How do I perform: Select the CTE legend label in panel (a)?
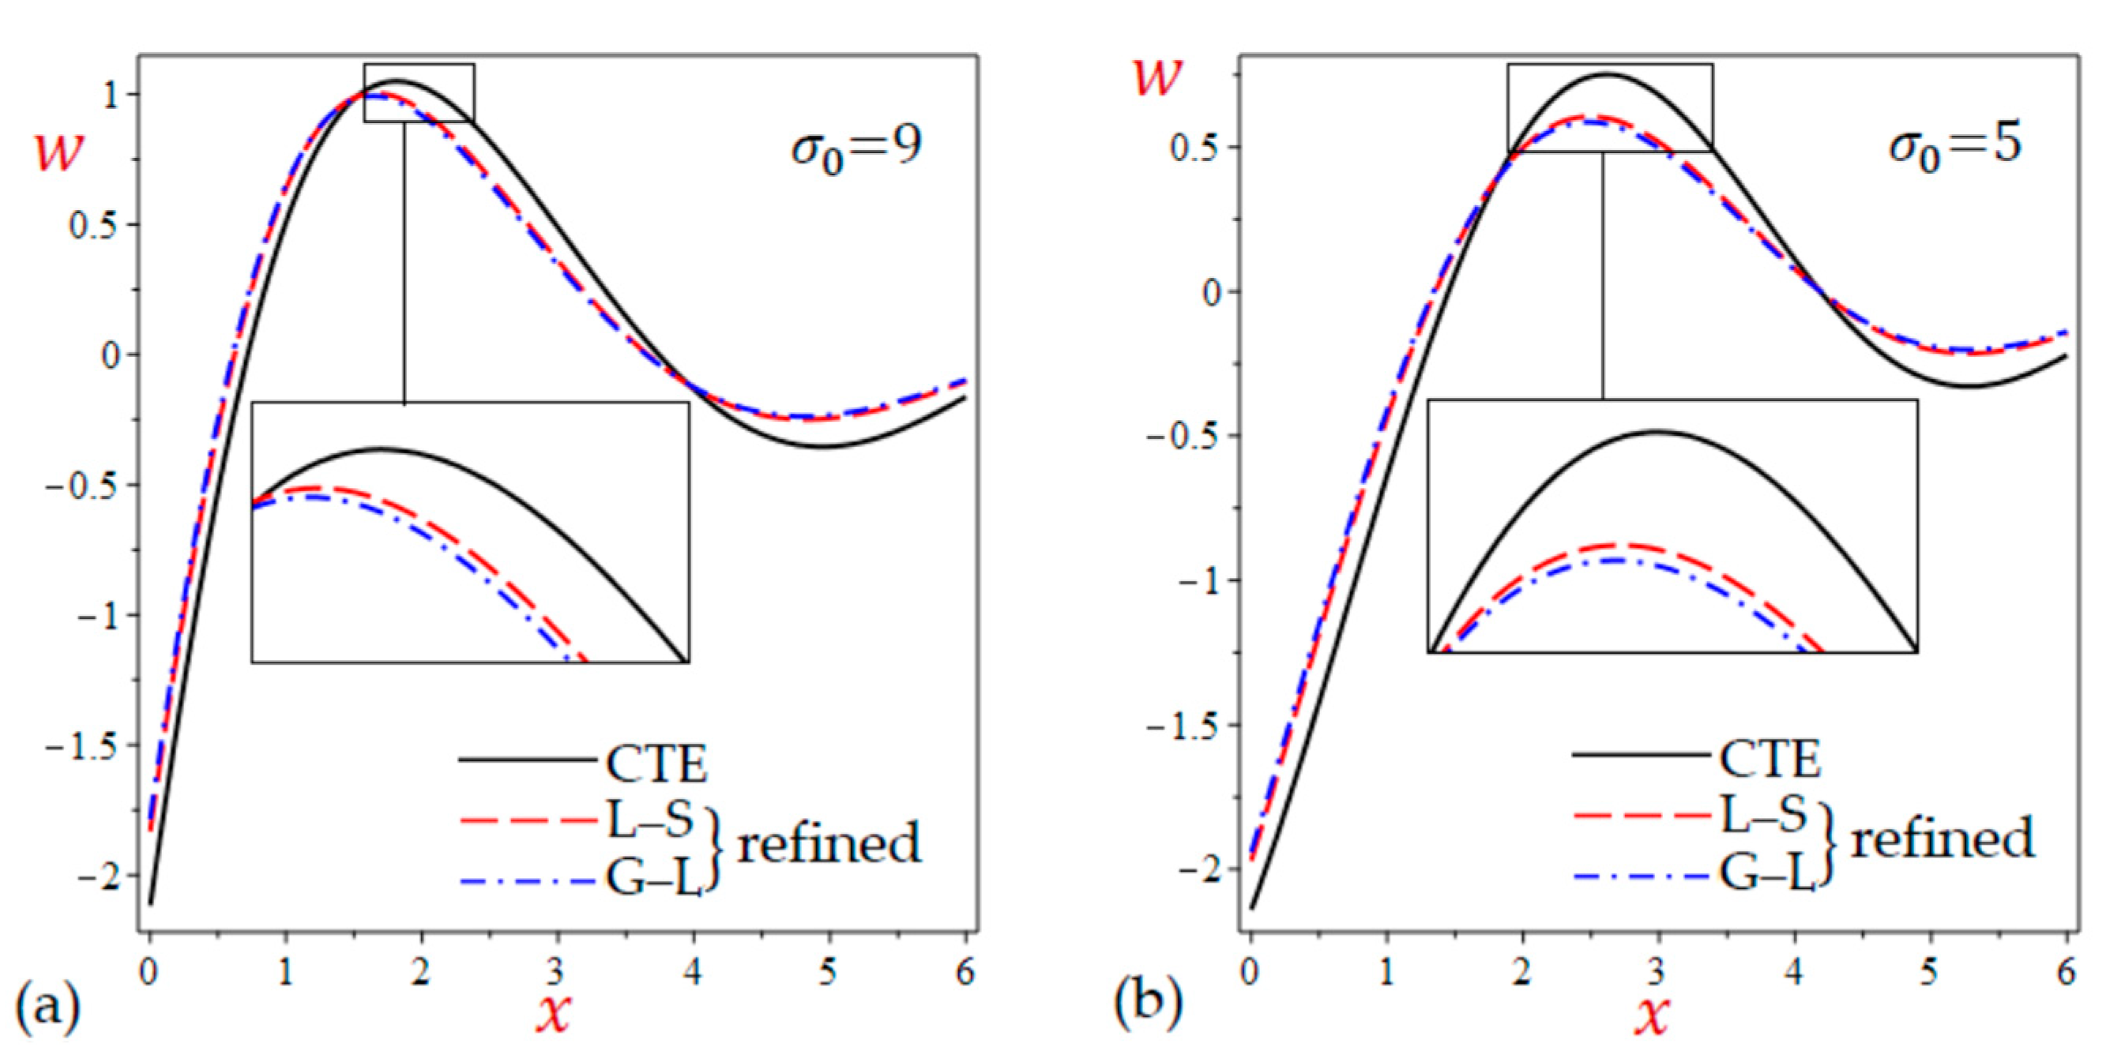[656, 764]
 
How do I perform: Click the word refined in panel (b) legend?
[1943, 838]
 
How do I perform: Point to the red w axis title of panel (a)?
[59, 151]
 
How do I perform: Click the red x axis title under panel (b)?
[1652, 1015]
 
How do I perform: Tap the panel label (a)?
[48, 1004]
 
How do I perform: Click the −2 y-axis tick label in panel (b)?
[1202, 869]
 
